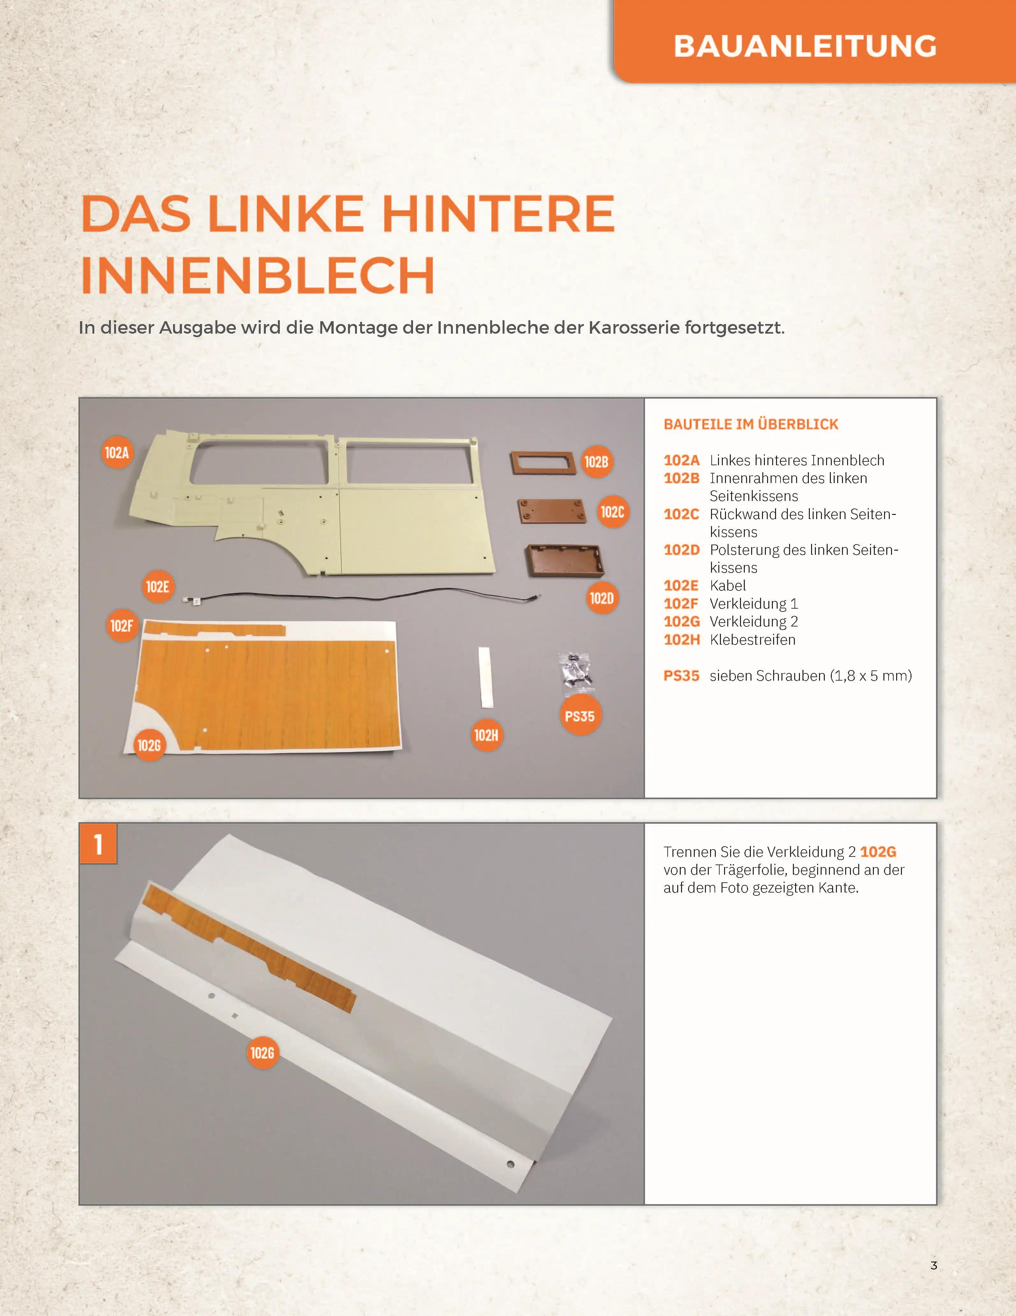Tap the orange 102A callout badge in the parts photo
(x=117, y=452)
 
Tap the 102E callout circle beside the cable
(x=157, y=586)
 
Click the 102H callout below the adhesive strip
(x=486, y=735)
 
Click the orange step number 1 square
(x=98, y=843)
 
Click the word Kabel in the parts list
(x=728, y=586)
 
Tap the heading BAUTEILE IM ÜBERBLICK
(x=751, y=424)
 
